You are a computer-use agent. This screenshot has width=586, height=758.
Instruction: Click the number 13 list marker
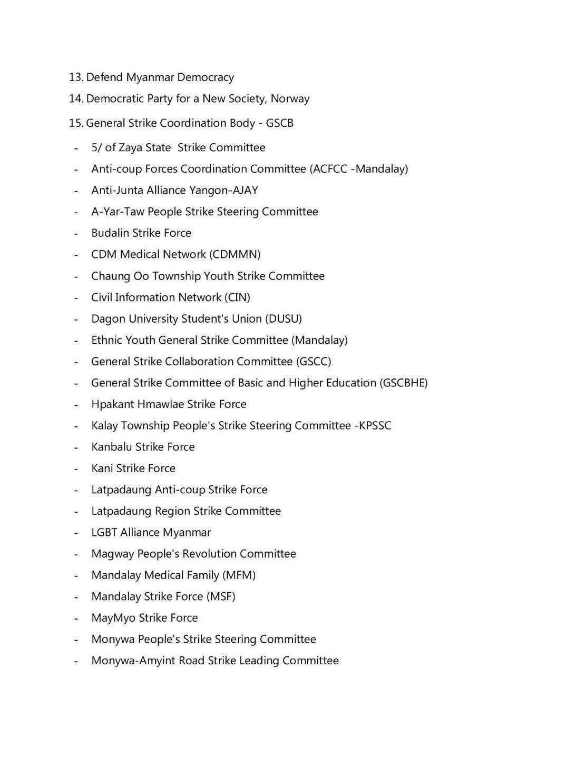click(76, 77)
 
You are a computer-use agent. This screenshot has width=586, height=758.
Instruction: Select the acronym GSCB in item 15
click(279, 123)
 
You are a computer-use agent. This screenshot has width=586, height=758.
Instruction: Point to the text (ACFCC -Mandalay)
click(359, 169)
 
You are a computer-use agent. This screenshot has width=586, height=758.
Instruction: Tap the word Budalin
click(110, 233)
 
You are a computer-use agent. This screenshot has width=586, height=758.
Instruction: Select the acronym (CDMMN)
click(235, 254)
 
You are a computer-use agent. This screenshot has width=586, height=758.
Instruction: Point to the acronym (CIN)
click(237, 297)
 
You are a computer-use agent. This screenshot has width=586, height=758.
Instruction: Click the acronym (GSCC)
click(314, 362)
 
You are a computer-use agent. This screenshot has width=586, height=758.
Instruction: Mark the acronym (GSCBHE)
click(403, 383)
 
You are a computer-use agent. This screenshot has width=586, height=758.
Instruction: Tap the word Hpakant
click(112, 404)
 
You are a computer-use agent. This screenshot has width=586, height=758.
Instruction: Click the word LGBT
click(104, 532)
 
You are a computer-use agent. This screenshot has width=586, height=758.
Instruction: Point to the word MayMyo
click(113, 618)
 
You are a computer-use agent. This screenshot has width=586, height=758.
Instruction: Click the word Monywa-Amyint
click(133, 661)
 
